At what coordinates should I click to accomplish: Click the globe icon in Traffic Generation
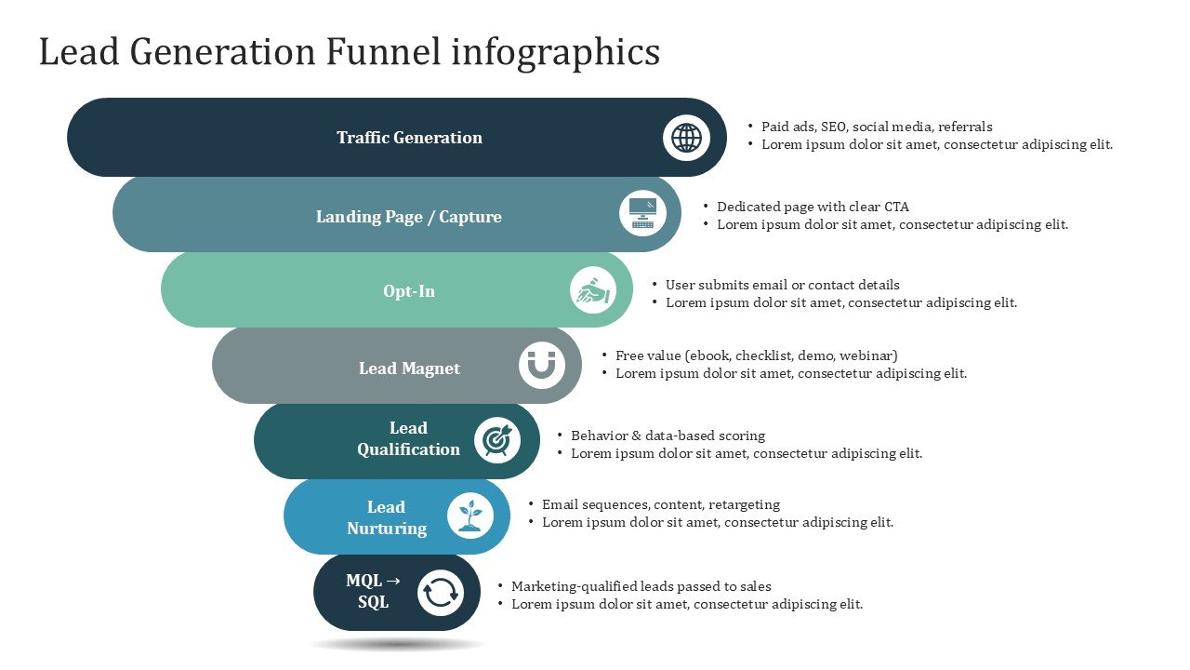coord(686,138)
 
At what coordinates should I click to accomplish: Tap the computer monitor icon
coord(642,213)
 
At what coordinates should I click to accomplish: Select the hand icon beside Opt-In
coord(593,290)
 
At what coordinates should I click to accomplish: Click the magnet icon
coord(541,366)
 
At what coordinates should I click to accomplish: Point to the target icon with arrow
coord(497,440)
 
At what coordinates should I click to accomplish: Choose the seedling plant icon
coord(470,516)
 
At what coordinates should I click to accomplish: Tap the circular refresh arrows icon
coord(440,593)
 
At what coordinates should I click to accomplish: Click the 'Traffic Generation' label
coord(409,138)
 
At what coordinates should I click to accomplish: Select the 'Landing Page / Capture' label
coord(408,217)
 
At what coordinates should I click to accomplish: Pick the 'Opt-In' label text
coord(409,291)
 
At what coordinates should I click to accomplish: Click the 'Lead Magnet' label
coord(409,368)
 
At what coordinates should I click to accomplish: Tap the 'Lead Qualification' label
coord(408,438)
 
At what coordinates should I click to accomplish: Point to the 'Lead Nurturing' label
coord(387,517)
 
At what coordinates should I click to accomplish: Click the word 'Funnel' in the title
coord(383,52)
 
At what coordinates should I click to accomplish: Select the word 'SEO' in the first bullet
coord(834,127)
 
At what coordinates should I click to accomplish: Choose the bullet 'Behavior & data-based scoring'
coord(668,435)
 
